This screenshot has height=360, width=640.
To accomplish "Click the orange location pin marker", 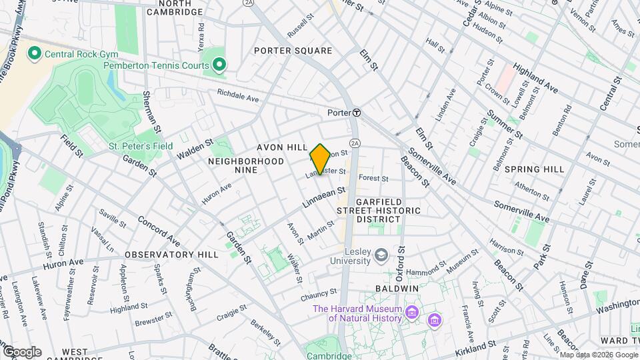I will (x=320, y=159).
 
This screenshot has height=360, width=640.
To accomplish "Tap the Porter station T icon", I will (x=357, y=113).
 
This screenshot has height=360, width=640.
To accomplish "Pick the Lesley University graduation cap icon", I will (x=381, y=255).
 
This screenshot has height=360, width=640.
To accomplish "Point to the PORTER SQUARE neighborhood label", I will (x=293, y=51).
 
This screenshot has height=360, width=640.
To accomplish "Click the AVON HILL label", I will (x=282, y=147).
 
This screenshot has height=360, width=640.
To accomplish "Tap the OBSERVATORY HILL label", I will (x=171, y=255).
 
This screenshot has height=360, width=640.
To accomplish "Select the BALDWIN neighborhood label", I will (x=396, y=288).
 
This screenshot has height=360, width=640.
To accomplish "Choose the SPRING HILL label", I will (x=534, y=169).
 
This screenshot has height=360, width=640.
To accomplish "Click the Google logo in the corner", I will (x=21, y=351).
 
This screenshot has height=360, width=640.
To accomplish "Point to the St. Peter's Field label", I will (x=141, y=146).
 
